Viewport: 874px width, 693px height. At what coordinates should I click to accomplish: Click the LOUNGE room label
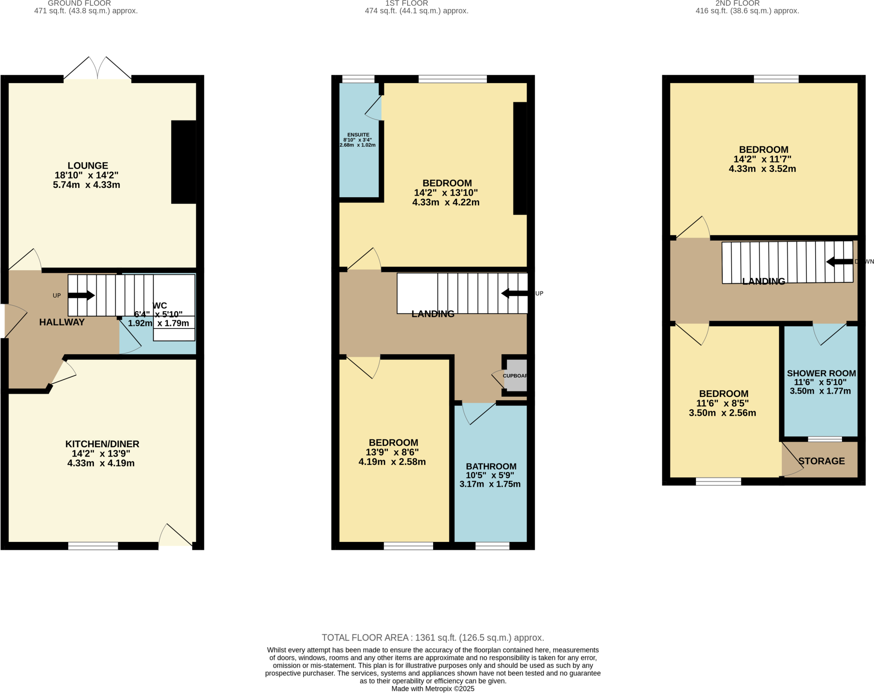point(87,166)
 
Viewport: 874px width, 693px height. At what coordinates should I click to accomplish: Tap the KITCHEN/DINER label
point(102,444)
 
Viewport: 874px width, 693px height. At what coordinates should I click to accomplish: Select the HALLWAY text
point(62,322)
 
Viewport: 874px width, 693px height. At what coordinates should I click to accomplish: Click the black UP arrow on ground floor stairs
point(81,295)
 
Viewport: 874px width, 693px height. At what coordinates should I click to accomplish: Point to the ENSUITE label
point(358,135)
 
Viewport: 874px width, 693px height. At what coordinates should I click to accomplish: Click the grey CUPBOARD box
point(516,376)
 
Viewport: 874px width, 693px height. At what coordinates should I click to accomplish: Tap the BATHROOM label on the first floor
point(491,466)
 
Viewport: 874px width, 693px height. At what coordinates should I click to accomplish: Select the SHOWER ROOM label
point(821,373)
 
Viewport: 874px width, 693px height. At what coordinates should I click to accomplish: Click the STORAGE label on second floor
point(822,461)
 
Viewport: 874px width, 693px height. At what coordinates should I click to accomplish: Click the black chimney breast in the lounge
point(184,162)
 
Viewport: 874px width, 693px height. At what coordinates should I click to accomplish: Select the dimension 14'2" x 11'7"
point(762,159)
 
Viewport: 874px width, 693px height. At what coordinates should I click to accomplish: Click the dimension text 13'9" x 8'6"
point(392,452)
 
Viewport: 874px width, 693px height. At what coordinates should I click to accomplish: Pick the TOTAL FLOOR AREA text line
point(433,638)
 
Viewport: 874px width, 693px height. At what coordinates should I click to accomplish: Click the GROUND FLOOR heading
point(79,3)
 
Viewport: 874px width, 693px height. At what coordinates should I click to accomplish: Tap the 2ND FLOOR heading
point(737,3)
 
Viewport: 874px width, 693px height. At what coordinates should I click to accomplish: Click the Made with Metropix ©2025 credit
point(433,688)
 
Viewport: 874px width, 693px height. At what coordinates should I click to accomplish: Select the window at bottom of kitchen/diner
point(93,546)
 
